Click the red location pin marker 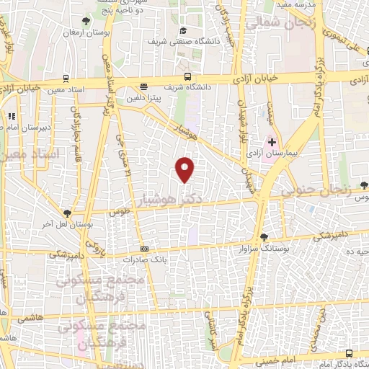185,169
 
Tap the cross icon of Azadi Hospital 272,142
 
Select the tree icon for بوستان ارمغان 86,21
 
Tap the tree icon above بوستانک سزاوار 264,236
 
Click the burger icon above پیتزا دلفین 143,86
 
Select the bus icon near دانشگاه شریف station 187,76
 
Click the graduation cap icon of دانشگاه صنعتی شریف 183,30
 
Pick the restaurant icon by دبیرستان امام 11,116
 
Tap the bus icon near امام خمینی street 350,353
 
